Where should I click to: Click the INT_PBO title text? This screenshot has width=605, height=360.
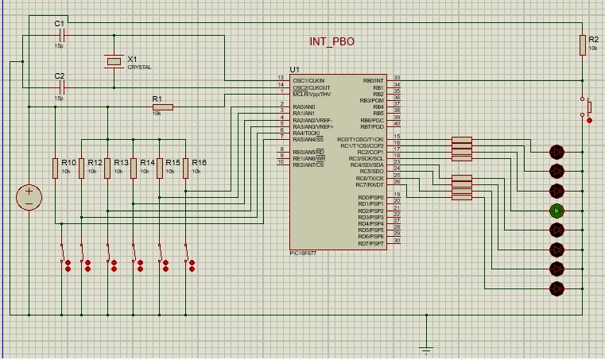332,41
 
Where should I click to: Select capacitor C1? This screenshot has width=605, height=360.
59,35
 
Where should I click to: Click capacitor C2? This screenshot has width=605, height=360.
59,87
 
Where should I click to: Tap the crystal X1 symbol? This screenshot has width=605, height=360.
114,60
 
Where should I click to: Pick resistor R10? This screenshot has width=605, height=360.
56,168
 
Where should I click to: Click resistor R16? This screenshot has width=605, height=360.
185,168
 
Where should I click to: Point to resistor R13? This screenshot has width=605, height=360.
107,168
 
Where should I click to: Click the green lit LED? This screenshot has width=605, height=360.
557,211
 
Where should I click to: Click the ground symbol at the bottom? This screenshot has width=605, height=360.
426,347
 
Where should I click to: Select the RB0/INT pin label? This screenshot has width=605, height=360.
373,81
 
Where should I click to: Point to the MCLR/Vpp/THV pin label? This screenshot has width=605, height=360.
312,94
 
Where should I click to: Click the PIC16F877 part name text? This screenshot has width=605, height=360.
304,254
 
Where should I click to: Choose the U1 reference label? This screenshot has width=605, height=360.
295,70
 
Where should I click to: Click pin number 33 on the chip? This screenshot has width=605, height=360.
396,78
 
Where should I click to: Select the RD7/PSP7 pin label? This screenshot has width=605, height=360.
371,243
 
